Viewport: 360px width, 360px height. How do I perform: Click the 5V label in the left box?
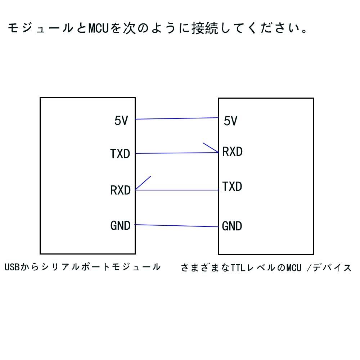tap(121, 121)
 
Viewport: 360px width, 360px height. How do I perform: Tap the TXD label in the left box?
tap(120, 154)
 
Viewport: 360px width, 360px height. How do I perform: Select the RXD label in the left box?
tap(120, 190)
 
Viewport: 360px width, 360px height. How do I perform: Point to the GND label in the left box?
tap(120, 226)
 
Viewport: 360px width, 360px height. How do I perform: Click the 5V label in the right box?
tap(230, 121)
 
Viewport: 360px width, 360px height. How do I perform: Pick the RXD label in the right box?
tap(232, 152)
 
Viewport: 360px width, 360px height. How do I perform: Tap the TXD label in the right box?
tap(232, 186)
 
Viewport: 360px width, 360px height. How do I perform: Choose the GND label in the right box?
tap(232, 226)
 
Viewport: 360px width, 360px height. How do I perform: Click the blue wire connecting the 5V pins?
tap(176, 118)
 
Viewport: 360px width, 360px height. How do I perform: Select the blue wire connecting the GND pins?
tap(176, 226)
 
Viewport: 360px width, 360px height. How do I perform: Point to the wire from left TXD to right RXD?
tap(176, 153)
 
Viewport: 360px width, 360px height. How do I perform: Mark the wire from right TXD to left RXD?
tap(176, 190)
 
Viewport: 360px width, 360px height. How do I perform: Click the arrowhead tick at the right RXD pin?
tap(210, 147)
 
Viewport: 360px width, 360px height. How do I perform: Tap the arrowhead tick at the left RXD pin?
tap(143, 183)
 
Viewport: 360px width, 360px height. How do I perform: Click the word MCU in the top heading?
tap(98, 28)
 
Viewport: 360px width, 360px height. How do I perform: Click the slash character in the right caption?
tap(308, 268)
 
